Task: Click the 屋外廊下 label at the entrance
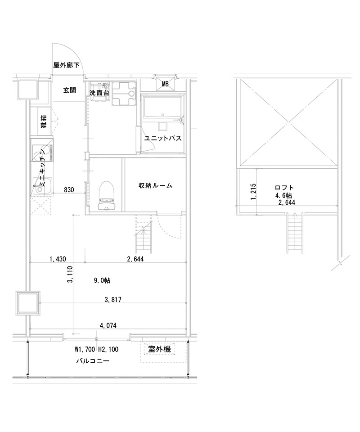point(66,65)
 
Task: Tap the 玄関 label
point(69,90)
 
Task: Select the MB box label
point(165,84)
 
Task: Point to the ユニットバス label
point(163,138)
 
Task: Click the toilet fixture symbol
point(107,195)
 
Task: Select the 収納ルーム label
point(155,185)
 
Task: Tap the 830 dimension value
point(69,189)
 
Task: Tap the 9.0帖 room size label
point(102,280)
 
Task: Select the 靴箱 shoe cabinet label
point(45,121)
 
